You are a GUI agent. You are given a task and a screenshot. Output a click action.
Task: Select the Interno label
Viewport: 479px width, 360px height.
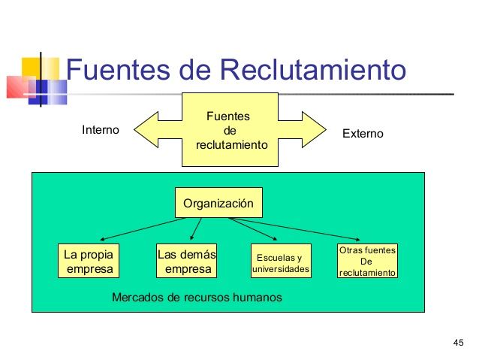(100, 130)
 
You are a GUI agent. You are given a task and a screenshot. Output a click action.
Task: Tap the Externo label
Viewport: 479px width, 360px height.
(363, 133)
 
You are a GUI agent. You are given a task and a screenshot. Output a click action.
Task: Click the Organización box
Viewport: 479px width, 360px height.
(218, 203)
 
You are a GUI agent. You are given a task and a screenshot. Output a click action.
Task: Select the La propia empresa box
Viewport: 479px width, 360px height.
(89, 261)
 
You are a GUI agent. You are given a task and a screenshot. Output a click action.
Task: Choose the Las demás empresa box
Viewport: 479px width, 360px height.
(187, 261)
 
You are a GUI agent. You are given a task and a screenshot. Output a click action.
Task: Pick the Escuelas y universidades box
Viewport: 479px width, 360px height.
(280, 262)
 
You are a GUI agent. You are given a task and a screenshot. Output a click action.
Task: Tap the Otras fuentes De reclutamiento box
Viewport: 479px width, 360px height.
(367, 261)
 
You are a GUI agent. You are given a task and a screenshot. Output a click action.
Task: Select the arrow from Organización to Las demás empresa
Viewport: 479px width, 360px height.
(197, 228)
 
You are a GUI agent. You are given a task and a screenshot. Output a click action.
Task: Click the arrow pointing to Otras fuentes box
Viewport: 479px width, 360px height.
(300, 230)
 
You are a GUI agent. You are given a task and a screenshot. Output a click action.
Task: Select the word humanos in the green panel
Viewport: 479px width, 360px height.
(258, 298)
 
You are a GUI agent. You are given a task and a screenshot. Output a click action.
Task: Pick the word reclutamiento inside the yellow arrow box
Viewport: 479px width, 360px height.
(231, 144)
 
